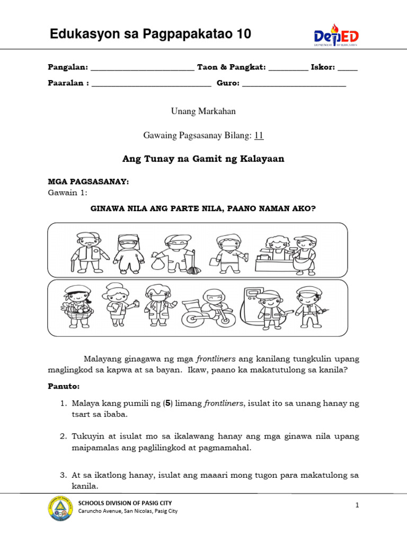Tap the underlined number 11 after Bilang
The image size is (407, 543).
259,136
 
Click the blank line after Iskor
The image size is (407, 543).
347,68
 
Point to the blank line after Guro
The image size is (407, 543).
294,84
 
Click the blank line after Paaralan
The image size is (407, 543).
151,84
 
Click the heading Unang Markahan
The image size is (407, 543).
203,111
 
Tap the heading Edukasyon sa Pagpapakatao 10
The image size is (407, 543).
150,35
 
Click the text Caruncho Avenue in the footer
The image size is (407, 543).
104,512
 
